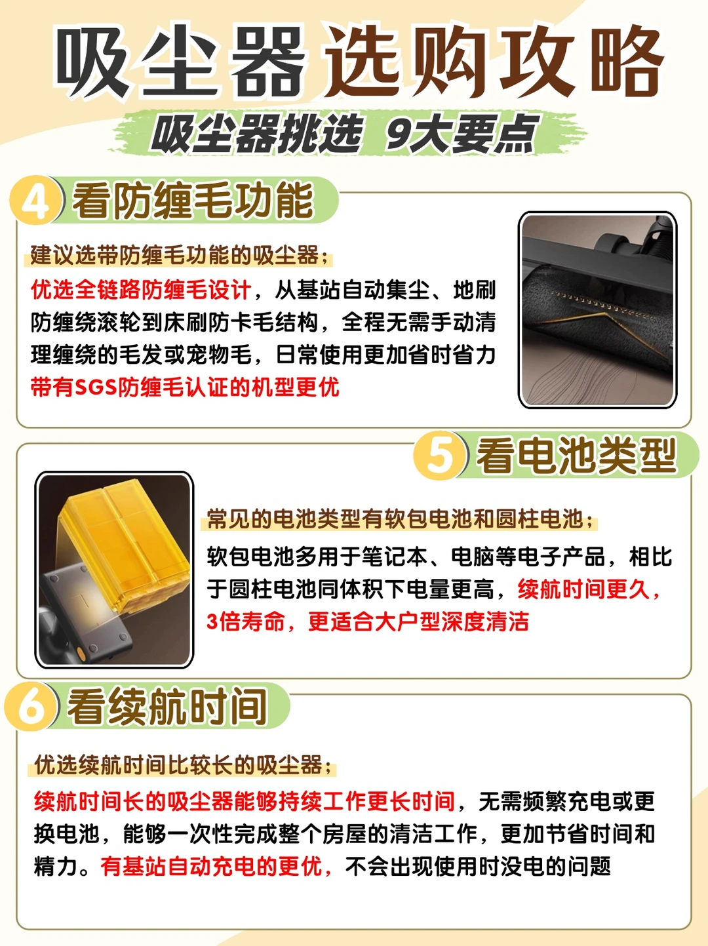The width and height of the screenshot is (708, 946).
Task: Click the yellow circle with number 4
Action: click(x=35, y=200)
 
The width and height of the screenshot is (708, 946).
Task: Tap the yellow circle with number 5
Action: click(x=439, y=455)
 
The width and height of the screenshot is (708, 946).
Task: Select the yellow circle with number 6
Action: click(x=30, y=706)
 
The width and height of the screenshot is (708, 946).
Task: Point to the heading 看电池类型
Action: click(x=577, y=455)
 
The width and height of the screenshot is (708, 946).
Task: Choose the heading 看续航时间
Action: click(x=167, y=706)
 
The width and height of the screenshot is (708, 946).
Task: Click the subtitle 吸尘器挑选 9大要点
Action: click(x=345, y=133)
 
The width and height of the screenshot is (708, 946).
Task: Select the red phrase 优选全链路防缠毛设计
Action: click(x=141, y=290)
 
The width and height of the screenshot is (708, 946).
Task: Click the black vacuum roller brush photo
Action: click(x=598, y=309)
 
